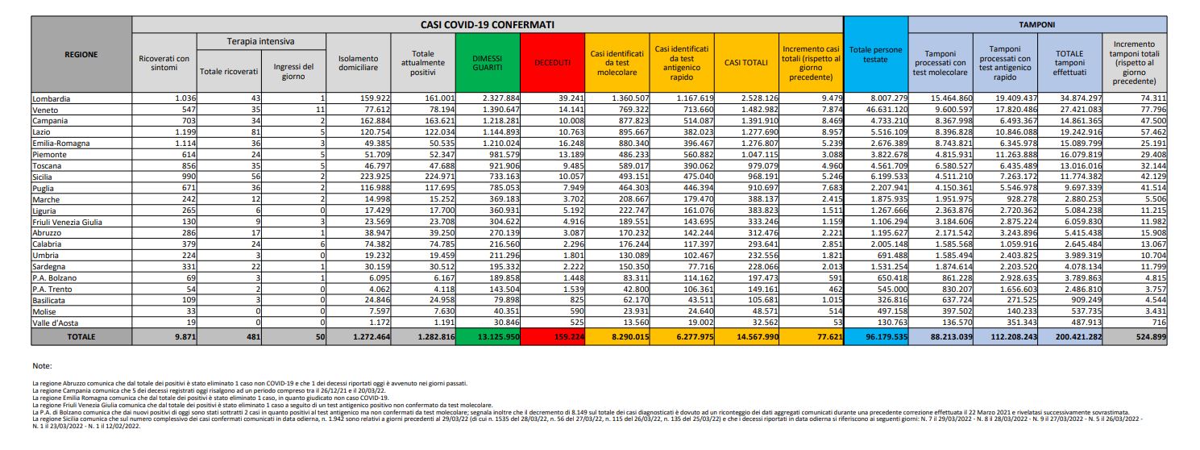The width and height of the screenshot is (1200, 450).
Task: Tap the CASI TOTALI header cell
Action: click(x=746, y=61)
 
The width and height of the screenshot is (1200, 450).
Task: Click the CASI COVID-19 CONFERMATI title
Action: click(x=488, y=26)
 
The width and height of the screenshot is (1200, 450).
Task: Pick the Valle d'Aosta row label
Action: click(x=56, y=320)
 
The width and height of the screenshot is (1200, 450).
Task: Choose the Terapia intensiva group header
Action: click(x=249, y=41)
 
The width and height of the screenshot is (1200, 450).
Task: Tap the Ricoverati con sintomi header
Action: click(x=164, y=61)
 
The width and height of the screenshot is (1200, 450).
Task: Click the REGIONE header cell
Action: click(x=81, y=55)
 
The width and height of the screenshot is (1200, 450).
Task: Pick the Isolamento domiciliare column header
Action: click(x=359, y=61)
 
